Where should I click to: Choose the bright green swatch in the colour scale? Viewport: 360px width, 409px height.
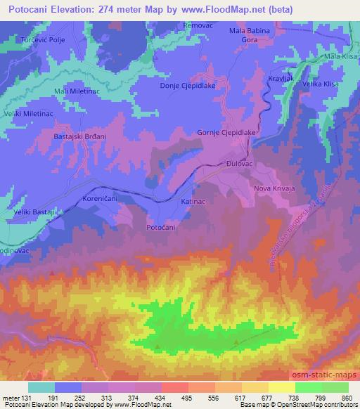[308, 387]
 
